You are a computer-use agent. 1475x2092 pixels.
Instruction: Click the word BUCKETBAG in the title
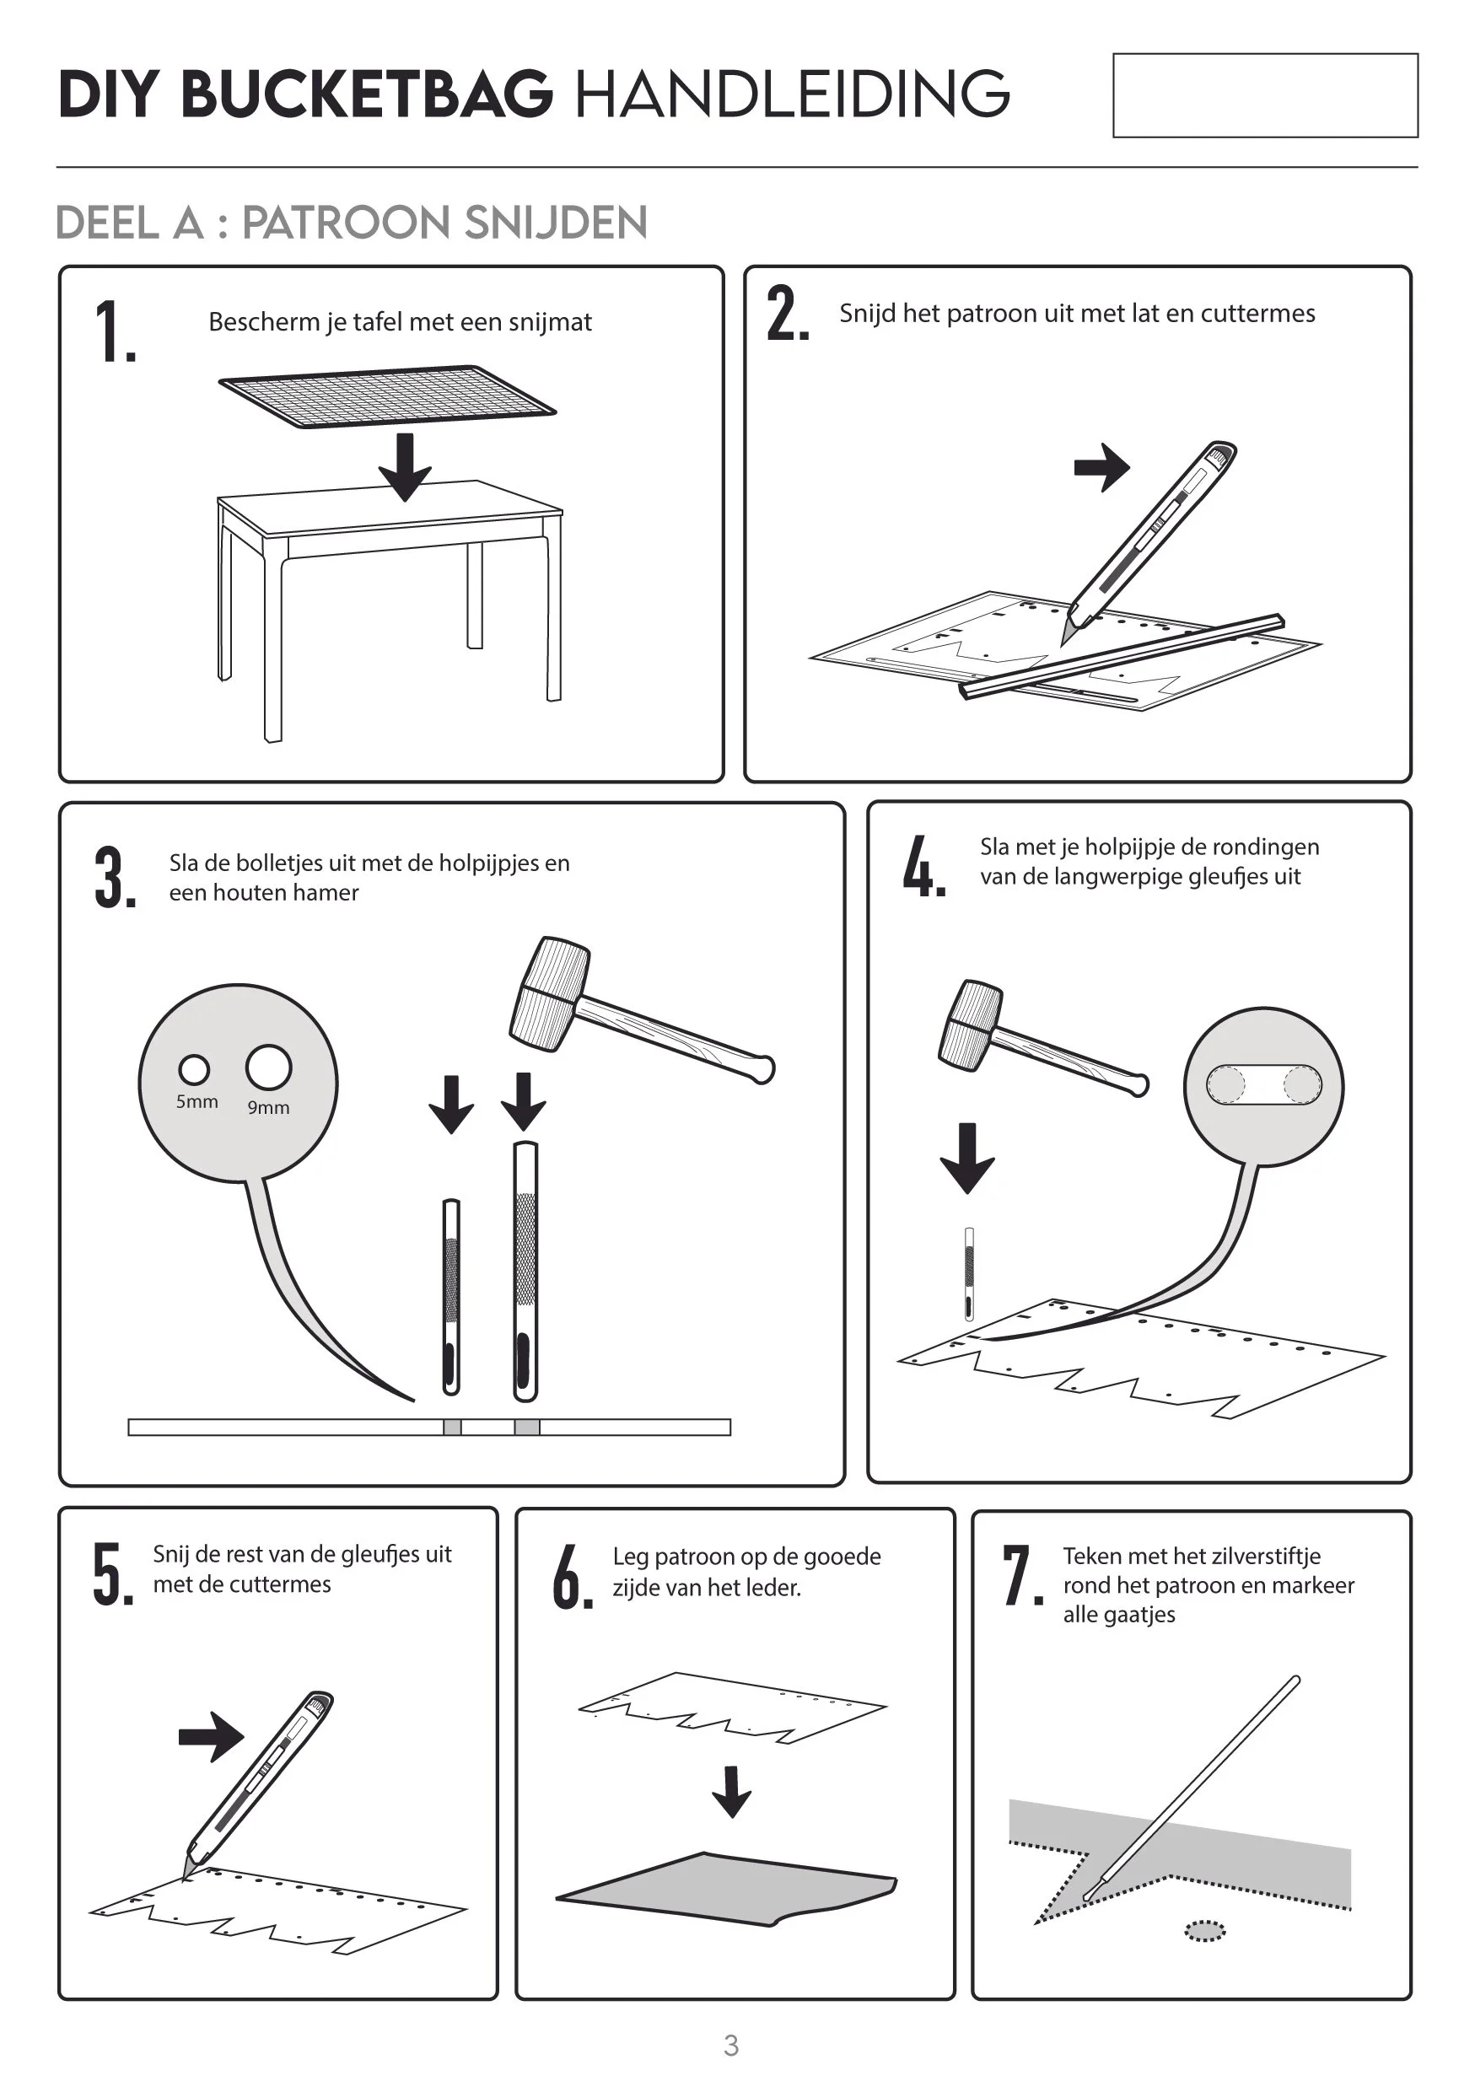[367, 94]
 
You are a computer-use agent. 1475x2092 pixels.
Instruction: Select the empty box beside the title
[1266, 95]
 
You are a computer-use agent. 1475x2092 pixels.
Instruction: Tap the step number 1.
[115, 331]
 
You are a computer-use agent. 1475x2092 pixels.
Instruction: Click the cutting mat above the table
[387, 395]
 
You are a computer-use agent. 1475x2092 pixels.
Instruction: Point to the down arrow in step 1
[405, 466]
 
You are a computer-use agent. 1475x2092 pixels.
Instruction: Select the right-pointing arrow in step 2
[1101, 467]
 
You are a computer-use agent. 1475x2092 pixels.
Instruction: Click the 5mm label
[196, 1101]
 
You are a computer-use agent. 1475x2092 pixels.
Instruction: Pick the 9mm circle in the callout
[269, 1067]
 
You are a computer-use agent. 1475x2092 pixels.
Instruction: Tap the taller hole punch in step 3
[525, 1271]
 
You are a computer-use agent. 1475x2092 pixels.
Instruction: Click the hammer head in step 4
[972, 1025]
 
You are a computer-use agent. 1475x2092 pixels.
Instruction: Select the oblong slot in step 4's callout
[1263, 1084]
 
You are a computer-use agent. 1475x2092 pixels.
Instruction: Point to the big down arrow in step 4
[967, 1158]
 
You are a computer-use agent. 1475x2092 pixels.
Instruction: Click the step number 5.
[113, 1573]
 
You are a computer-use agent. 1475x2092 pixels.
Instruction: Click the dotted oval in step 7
[1204, 1931]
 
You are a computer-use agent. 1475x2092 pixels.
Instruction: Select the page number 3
[730, 2046]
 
